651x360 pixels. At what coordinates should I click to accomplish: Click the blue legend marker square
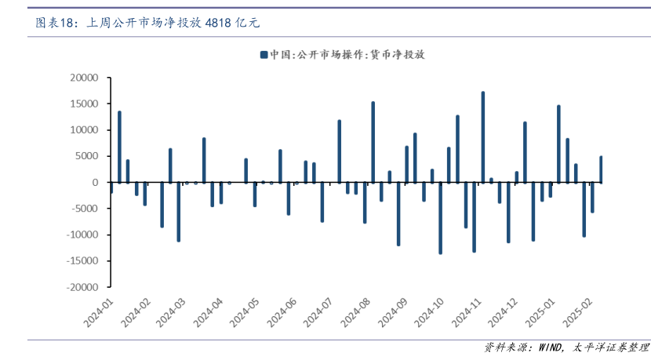263,55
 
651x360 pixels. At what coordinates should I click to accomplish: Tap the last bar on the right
601,169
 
